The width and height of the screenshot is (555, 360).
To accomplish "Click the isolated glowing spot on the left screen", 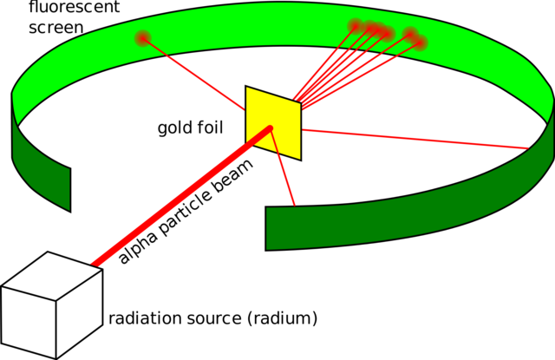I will coord(143,37).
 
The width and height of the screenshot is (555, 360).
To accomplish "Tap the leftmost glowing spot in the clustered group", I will coord(355,25).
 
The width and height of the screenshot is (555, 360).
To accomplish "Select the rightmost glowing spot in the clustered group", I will coord(421,43).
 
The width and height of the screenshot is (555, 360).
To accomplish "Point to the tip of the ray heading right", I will coord(526,148).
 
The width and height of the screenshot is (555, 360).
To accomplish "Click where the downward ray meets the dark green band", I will coord(295,205).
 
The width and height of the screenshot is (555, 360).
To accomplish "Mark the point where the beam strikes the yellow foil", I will coord(270,129).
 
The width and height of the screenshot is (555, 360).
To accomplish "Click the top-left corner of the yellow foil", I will coord(247,88).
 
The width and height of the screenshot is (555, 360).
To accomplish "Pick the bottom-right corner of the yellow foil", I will coord(300,159).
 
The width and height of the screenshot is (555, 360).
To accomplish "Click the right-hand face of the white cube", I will coord(80,308).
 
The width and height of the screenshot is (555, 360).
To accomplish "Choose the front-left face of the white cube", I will coord(29,320).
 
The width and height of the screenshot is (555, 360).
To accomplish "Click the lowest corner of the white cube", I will coord(56,357).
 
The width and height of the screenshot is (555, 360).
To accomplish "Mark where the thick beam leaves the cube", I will coord(95,263).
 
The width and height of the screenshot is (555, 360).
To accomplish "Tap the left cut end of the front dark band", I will coord(268,228).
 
